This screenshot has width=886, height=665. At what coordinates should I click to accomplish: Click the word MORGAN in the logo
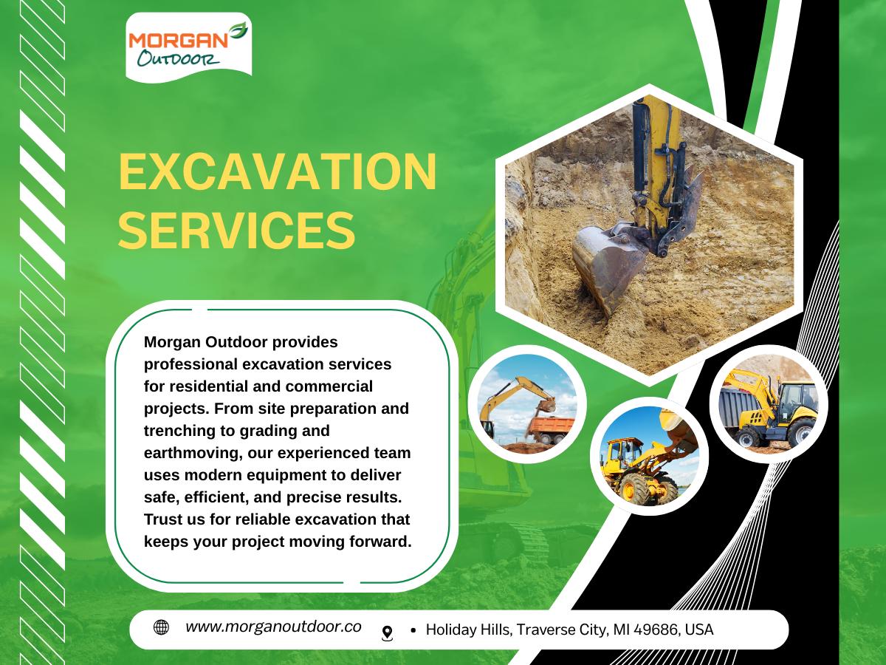pos(179,41)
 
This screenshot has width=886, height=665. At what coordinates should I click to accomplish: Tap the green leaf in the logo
pos(238,31)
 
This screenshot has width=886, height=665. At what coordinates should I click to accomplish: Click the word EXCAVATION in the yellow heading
pos(278,171)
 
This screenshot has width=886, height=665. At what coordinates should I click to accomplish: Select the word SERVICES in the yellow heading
pos(236,231)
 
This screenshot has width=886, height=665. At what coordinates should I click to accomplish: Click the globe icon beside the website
pos(161,627)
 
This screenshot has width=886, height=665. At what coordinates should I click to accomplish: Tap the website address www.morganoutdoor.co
pos(273,627)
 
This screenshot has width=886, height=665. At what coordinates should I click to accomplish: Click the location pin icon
pos(387,633)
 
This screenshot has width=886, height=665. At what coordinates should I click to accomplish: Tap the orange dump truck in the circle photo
pos(551,429)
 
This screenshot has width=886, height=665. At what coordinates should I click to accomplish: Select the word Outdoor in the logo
pos(179,59)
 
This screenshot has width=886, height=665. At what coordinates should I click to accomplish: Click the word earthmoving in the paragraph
pos(193,454)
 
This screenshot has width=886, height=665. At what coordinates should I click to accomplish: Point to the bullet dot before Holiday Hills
pos(413,630)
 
